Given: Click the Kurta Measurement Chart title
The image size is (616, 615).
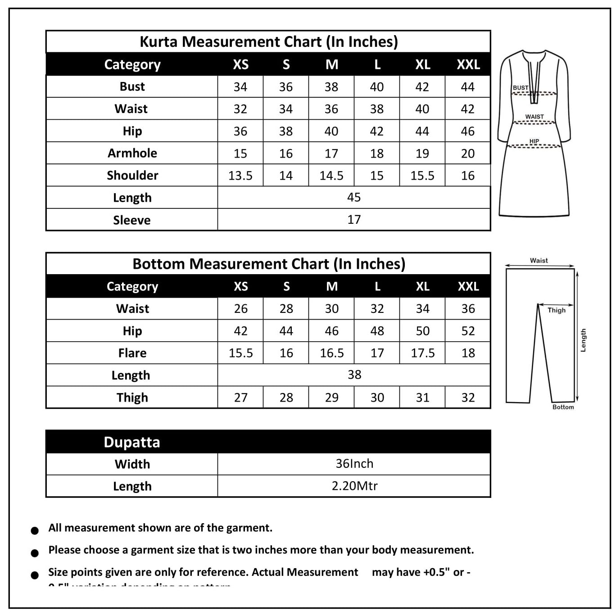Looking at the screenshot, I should [269, 42].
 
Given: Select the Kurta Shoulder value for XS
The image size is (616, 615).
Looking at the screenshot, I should [240, 176].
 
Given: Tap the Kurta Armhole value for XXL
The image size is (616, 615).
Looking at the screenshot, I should [468, 154].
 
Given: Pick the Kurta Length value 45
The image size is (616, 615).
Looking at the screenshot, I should [354, 197].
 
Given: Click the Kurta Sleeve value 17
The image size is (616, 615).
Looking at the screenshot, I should [354, 220].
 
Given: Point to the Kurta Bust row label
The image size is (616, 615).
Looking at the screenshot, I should [132, 86].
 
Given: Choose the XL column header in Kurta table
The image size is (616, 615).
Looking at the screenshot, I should [422, 64].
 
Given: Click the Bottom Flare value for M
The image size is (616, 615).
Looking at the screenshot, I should [332, 353].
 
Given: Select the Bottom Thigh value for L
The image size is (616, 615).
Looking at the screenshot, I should [377, 398].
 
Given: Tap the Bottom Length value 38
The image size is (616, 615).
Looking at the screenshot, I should [354, 375].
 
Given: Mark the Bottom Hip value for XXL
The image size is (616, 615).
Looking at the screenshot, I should [468, 331].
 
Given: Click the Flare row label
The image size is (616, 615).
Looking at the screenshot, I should [132, 353].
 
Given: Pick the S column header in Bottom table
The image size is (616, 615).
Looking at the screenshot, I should [286, 286].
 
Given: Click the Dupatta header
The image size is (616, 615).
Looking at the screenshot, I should [132, 442].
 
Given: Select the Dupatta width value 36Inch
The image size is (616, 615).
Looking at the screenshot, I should [354, 464].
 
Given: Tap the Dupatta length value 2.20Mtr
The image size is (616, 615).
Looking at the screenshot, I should [354, 486].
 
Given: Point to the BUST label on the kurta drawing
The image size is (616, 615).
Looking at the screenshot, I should [521, 88].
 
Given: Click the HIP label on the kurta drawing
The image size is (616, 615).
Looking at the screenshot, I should [534, 141].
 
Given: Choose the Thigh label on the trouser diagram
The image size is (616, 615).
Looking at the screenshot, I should [557, 310].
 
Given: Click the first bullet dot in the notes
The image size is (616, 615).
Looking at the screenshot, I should [35, 531].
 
